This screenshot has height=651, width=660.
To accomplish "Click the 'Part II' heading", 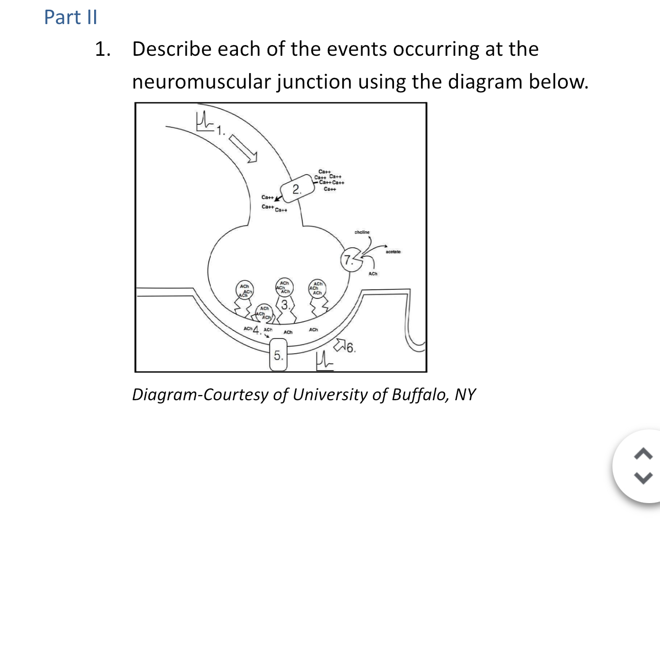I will pos(71,17).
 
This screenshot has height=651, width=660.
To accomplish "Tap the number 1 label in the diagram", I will pos(219,131).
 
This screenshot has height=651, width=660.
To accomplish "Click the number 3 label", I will pos(285,306).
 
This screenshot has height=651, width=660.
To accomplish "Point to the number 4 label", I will pos(257,330).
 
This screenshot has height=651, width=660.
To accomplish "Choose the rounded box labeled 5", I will pos(278,355).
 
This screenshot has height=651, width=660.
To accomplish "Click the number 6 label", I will pos(350,349).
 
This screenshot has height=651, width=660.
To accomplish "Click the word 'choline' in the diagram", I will pos(362,232).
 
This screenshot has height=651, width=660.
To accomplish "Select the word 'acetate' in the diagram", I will pos(393,252).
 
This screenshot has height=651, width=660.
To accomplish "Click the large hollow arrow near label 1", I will pos(243,148).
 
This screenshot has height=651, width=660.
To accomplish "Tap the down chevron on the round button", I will pos(643,478).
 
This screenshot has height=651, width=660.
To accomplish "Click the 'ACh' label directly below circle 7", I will pos(373,274).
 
